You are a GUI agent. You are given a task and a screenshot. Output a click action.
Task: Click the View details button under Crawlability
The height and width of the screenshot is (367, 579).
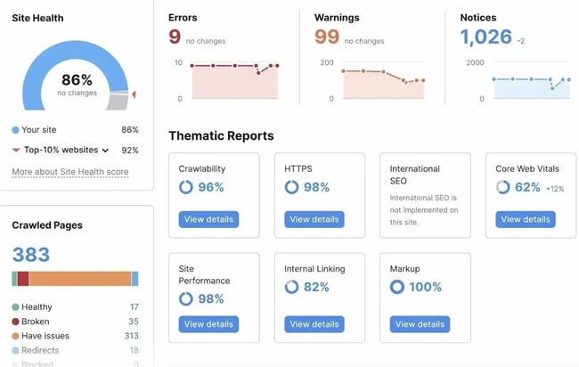[x=208, y=219]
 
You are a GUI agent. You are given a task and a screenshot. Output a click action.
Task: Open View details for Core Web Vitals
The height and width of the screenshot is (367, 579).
[x=525, y=219]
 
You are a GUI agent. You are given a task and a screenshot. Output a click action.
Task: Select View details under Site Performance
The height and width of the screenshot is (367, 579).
[x=208, y=324]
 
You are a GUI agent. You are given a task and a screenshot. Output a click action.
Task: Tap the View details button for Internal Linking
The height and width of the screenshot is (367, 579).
[x=314, y=324]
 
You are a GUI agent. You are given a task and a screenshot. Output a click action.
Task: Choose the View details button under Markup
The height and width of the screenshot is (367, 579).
[x=420, y=324]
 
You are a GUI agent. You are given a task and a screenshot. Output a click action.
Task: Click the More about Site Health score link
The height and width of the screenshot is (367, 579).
[x=69, y=172]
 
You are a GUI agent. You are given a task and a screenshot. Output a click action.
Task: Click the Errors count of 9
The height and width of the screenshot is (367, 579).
[x=175, y=37]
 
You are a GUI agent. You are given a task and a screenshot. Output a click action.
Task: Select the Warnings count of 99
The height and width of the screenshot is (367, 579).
[x=328, y=37]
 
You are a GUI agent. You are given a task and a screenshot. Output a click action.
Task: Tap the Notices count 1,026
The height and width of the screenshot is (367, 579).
[x=485, y=37]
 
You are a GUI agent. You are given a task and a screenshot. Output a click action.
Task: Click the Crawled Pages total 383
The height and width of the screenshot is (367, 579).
[x=31, y=256]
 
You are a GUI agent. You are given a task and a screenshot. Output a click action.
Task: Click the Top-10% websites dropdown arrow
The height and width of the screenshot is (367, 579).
[x=105, y=151]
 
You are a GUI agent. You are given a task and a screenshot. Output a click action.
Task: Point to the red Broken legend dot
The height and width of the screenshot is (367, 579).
[x=15, y=322]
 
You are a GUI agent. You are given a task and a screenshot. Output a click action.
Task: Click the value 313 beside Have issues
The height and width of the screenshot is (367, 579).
[x=130, y=336]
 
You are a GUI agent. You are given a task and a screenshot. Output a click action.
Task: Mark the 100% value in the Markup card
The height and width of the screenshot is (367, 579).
[x=425, y=287]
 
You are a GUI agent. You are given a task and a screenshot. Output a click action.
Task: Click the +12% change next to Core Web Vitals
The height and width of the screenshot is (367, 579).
[x=555, y=189]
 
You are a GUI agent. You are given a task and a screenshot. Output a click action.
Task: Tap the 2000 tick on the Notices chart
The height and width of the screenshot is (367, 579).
[x=475, y=63]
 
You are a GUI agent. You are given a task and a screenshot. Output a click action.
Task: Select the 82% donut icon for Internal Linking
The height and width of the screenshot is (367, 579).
[x=291, y=287]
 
